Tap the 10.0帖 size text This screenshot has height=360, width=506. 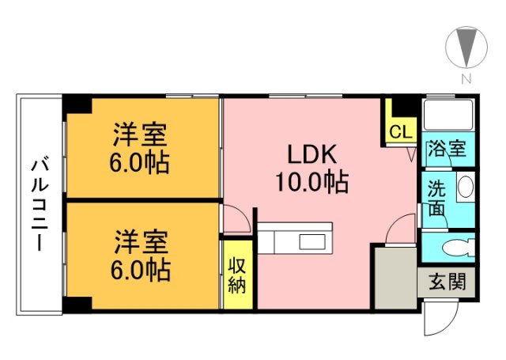pos(311,183)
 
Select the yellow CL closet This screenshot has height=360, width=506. pos(400,130)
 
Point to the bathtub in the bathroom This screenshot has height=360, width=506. pos(448,116)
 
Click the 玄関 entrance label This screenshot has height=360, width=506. pos(447,281)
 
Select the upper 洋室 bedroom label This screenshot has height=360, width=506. pos(142,135)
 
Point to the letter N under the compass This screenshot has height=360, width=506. pos(466,78)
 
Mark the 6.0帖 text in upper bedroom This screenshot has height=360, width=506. pos(142,163)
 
